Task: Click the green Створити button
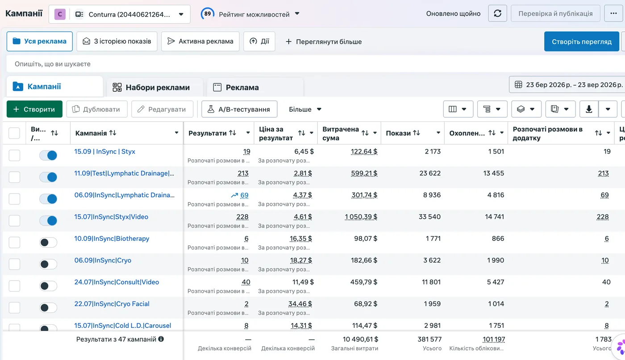(35, 109)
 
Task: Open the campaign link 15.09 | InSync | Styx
(104, 151)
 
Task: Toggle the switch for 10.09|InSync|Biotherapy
(48, 242)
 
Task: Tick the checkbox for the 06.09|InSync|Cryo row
(14, 264)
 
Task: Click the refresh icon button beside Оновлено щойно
(497, 13)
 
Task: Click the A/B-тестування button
(239, 109)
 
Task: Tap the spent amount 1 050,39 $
(361, 217)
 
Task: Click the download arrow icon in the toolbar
(589, 109)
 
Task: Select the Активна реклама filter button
(200, 41)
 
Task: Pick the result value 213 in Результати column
(243, 173)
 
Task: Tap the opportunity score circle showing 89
(207, 14)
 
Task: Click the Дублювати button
(97, 109)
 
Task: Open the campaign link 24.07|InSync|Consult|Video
(117, 282)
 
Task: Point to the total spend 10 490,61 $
(360, 339)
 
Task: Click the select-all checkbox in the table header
(14, 133)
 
